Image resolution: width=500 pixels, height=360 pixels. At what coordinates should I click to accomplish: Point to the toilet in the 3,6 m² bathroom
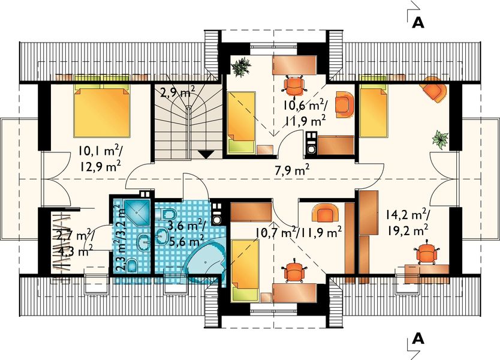tap(167, 213)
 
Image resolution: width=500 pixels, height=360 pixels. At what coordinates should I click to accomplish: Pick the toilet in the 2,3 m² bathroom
tap(132, 265)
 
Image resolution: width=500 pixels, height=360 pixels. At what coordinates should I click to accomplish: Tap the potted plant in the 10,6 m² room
tap(241, 67)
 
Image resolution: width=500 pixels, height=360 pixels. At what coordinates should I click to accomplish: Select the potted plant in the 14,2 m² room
tap(441, 139)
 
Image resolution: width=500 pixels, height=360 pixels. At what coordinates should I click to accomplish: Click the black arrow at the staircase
tap(207, 154)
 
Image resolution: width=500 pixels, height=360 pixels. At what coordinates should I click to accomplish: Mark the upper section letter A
tap(418, 22)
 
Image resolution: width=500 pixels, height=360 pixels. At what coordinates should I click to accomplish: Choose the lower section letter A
tap(418, 338)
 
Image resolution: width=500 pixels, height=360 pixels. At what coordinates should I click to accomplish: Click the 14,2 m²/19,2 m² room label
tap(408, 222)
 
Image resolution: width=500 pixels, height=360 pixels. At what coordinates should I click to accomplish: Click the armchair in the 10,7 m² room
tap(324, 213)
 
